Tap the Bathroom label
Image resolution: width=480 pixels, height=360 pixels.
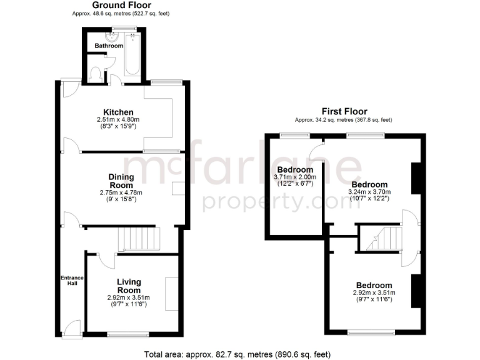point(109,46)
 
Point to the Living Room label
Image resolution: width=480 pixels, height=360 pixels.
point(129,286)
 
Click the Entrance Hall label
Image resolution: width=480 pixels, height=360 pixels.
point(68,281)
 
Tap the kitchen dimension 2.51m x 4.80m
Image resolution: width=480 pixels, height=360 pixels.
point(117,120)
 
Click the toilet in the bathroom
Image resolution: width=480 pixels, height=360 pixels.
point(96,74)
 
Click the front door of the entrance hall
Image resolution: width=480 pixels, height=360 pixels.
point(73,328)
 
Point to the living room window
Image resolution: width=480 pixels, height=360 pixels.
point(128,333)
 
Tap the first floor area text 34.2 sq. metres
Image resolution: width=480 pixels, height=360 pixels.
point(344,120)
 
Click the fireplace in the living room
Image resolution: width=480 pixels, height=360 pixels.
point(170,294)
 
